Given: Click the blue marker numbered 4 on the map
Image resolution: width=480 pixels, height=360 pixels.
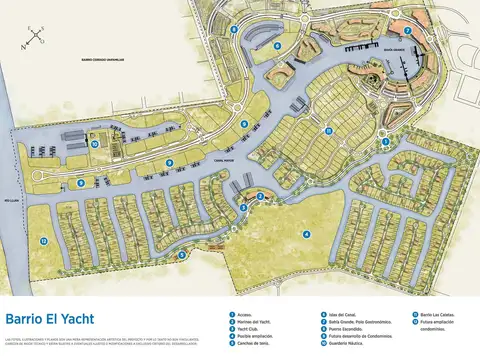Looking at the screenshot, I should pyautogui.click(x=306, y=234).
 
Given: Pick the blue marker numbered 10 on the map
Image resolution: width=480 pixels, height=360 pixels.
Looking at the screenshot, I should pyautogui.click(x=94, y=144).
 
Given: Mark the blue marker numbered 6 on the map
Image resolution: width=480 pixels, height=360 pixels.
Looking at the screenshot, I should pyautogui.click(x=244, y=123).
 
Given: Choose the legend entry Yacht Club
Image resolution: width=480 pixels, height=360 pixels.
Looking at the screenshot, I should pyautogui.click(x=256, y=329).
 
